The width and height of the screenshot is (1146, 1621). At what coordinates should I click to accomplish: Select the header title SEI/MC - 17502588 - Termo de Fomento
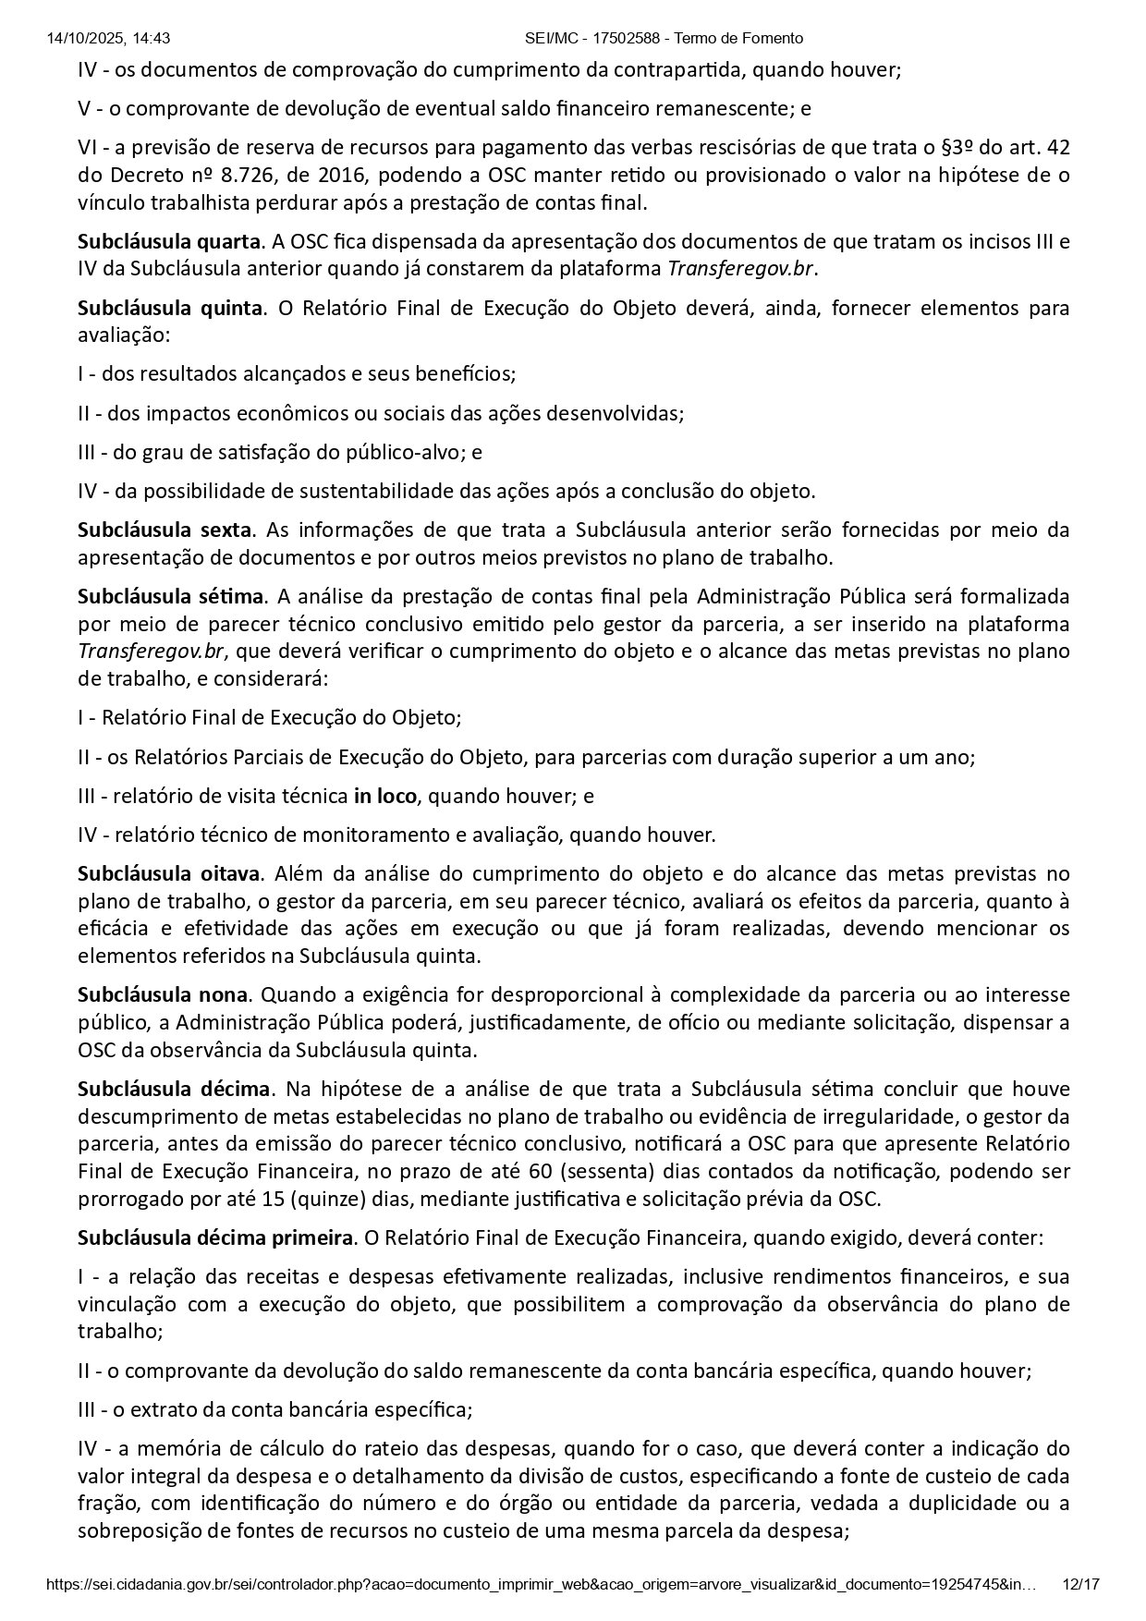click(664, 38)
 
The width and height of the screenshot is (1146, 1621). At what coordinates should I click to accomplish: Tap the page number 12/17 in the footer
click(1081, 1584)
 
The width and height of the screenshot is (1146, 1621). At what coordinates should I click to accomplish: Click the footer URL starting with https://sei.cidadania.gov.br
click(541, 1584)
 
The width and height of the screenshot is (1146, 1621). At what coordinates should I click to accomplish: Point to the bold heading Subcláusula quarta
click(169, 242)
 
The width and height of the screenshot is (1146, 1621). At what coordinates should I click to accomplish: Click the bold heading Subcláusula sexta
click(165, 530)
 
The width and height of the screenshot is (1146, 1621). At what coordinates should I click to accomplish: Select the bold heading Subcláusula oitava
click(168, 873)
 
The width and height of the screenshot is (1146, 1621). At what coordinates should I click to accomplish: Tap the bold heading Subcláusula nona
click(163, 995)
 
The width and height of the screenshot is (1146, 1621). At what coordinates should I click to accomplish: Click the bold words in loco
click(384, 796)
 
